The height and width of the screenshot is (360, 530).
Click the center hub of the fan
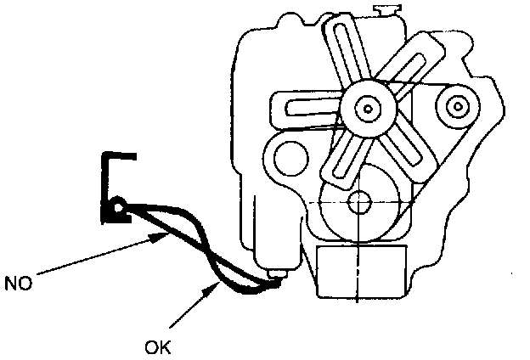[366, 109]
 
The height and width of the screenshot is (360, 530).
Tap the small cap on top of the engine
[386, 10]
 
